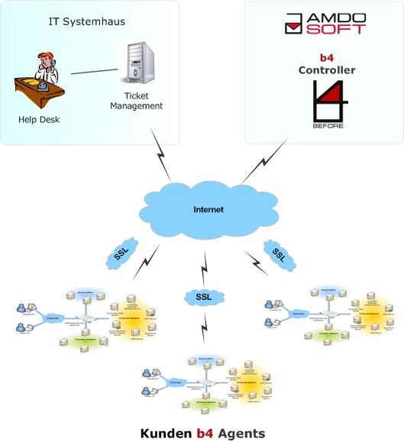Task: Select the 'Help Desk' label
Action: click(x=39, y=120)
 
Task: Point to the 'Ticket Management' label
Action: click(x=136, y=101)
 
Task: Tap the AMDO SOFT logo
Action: click(x=324, y=23)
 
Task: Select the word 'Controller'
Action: click(x=326, y=70)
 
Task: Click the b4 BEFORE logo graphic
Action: click(x=326, y=105)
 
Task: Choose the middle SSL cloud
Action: click(x=202, y=295)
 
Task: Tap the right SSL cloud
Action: click(x=280, y=253)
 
